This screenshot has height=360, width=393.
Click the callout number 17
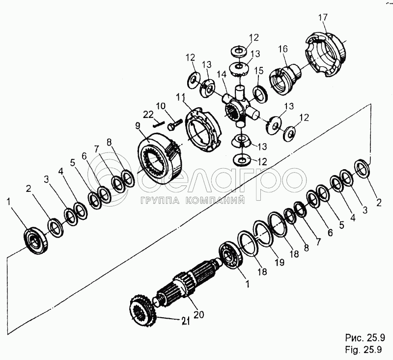[x=322, y=18]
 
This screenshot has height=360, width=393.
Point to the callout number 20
[x=199, y=314]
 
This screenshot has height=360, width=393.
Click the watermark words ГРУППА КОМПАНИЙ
[x=193, y=201]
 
